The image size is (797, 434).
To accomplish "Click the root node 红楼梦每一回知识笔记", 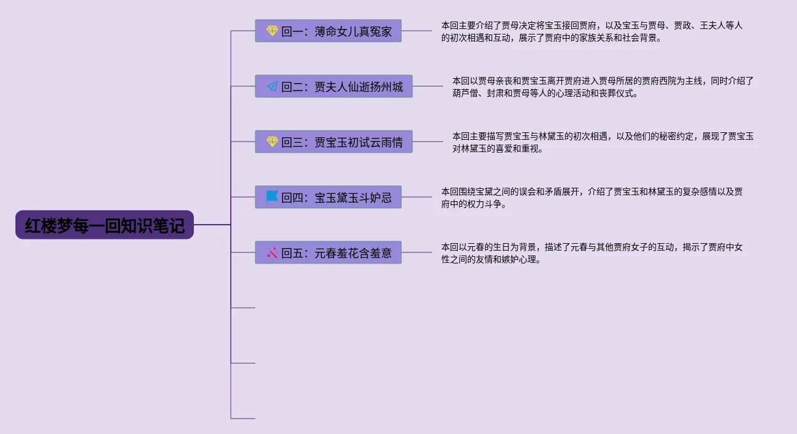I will [105, 225].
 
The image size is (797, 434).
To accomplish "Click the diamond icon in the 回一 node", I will [272, 31].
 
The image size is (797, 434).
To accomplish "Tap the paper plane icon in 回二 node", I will [272, 86].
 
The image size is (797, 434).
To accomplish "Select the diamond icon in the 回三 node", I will [272, 142].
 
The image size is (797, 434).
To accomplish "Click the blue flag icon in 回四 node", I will [272, 197].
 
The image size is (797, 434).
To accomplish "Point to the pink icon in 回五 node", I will [272, 252].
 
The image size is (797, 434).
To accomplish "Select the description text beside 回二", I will [603, 87].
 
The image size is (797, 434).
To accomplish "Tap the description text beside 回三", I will [603, 142].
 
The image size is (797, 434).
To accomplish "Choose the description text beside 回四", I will [592, 198].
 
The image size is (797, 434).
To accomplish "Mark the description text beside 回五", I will [592, 253].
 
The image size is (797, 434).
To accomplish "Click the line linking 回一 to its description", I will [417, 31].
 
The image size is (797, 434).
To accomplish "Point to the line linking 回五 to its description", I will [417, 252].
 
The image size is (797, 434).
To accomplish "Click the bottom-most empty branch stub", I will [243, 419].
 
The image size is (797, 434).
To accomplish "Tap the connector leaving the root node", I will [212, 225].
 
